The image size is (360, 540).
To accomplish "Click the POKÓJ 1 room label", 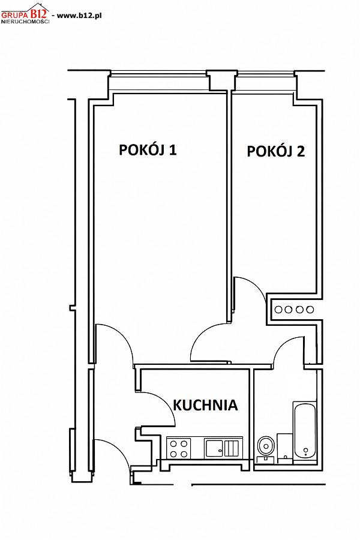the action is pyautogui.click(x=148, y=149).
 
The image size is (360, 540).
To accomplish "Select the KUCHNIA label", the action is pyautogui.click(x=205, y=405).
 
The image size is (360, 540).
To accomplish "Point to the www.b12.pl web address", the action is pyautogui.click(x=79, y=16).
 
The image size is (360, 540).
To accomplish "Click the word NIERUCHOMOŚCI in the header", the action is pyautogui.click(x=25, y=22).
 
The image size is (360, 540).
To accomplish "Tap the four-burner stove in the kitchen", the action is pyautogui.click(x=178, y=448).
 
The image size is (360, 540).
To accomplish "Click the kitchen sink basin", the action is pyautogui.click(x=214, y=448).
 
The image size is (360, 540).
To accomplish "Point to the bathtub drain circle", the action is pyautogui.click(x=305, y=450).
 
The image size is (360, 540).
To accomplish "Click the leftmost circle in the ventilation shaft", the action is pyautogui.click(x=278, y=310).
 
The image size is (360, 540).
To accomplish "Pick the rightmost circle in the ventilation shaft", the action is pyautogui.click(x=310, y=310).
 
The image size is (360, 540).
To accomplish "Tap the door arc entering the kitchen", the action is pyautogui.click(x=164, y=401).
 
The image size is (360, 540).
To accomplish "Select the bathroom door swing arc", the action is pyautogui.click(x=285, y=344).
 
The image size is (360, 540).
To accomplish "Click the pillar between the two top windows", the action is pyautogui.click(x=222, y=81).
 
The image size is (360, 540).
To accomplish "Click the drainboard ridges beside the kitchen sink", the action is pyautogui.click(x=231, y=448).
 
